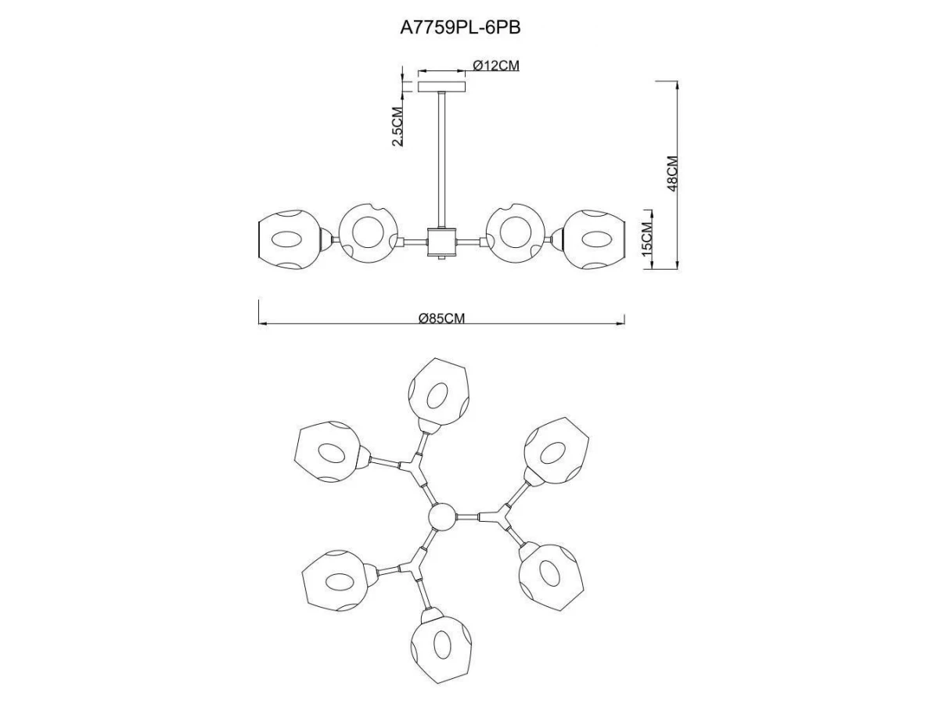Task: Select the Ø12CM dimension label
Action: (x=496, y=66)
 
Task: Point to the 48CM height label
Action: (x=671, y=174)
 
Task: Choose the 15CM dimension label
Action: (x=646, y=239)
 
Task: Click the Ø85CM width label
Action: (x=441, y=318)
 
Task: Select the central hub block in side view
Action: (x=441, y=242)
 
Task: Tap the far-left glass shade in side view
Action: (x=290, y=241)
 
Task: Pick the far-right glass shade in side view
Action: (x=595, y=239)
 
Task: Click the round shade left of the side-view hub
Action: (x=366, y=232)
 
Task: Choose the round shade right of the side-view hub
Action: (x=515, y=232)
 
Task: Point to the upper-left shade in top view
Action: (x=329, y=454)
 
